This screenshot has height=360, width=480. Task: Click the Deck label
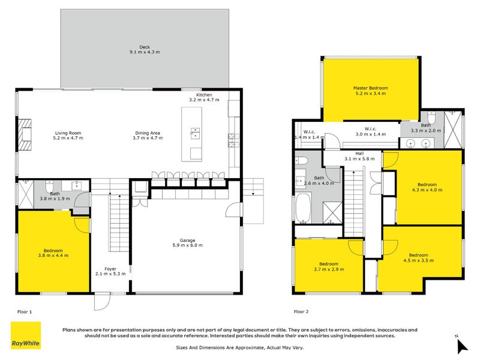click(x=144, y=49)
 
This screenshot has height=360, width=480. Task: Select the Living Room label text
click(x=68, y=136)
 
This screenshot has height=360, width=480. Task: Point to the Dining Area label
click(x=147, y=136)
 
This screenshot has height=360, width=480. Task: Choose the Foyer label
click(x=111, y=271)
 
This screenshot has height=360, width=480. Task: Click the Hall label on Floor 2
click(x=359, y=156)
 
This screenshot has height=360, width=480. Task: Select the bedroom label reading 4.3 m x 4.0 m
click(x=427, y=187)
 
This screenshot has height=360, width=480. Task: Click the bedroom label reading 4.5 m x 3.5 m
click(x=418, y=257)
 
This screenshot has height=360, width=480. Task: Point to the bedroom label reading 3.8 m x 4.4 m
click(x=53, y=253)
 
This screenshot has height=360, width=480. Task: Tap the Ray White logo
click(x=26, y=335)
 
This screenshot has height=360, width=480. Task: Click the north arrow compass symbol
click(x=461, y=345)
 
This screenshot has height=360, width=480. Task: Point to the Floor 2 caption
click(x=301, y=312)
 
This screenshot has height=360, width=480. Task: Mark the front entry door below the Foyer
click(x=103, y=301)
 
